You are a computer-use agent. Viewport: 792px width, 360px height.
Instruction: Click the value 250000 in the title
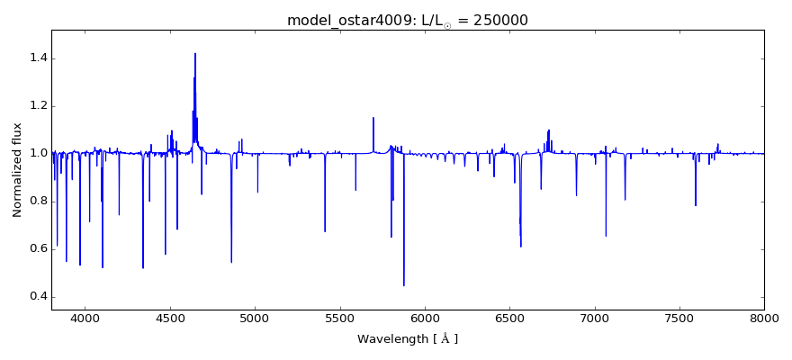pos(498,21)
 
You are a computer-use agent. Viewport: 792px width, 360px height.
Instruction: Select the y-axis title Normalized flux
pos(18,170)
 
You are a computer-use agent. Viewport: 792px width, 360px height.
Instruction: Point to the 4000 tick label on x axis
pos(85,318)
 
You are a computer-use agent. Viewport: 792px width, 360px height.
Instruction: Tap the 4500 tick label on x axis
pos(170,318)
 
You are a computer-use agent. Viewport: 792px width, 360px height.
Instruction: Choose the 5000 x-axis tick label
pos(255,318)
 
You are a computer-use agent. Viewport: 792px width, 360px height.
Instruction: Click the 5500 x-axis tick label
pos(340,318)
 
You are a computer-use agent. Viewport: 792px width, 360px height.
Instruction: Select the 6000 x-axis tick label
pos(425,318)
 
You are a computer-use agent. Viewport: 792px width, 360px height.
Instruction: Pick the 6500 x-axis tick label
pos(509,318)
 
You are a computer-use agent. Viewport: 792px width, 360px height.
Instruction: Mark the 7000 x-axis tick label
pos(595,318)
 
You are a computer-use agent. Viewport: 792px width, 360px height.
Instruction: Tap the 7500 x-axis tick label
pos(679,318)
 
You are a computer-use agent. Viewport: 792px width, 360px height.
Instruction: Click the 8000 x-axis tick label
pos(764,318)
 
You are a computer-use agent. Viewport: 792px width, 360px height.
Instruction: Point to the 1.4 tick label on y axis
pos(35,58)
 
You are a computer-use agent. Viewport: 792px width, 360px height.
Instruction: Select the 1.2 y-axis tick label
pos(35,106)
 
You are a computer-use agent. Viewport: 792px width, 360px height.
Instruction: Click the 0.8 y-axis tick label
pos(35,202)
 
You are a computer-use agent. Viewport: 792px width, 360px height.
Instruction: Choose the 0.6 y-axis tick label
pos(35,249)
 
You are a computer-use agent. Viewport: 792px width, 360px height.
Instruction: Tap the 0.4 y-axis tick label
pos(35,297)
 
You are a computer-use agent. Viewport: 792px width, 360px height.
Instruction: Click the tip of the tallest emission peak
pos(195,53)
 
